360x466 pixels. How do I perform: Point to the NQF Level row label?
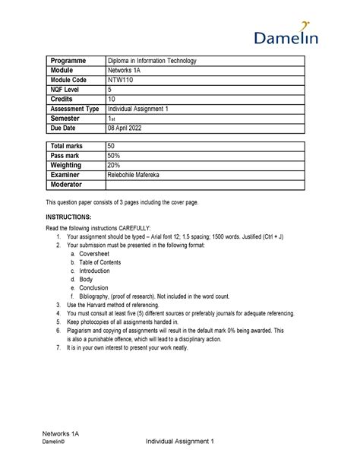click(x=67, y=90)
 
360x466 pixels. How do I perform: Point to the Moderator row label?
click(x=69, y=185)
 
